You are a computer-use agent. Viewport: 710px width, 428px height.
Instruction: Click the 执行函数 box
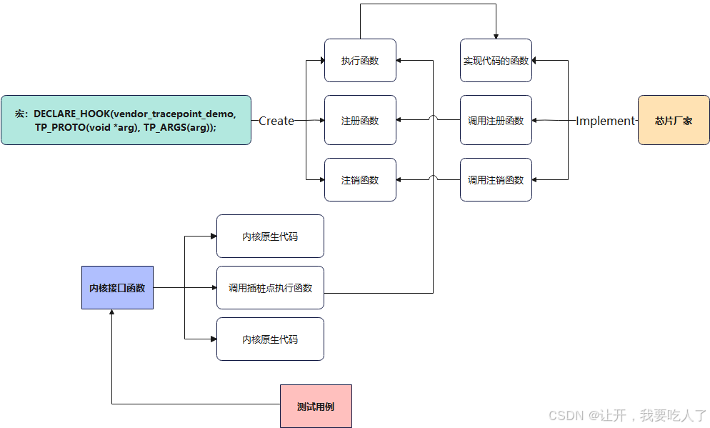point(360,61)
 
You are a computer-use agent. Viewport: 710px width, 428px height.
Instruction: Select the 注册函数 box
point(360,121)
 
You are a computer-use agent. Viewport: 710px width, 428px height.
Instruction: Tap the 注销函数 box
point(360,180)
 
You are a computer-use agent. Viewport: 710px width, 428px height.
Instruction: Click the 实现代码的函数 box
point(496,61)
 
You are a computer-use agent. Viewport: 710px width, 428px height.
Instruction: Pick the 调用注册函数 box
point(496,121)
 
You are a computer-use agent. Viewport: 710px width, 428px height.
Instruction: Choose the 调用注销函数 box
point(496,180)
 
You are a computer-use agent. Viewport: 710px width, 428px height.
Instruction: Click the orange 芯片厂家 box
point(673,121)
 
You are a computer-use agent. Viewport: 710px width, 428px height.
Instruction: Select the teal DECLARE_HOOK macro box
point(126,120)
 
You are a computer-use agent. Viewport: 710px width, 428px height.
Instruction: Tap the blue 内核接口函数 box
point(117,288)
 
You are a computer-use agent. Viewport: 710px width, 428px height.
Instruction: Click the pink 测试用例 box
point(316,407)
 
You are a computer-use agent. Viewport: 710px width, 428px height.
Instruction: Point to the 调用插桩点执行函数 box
point(270,288)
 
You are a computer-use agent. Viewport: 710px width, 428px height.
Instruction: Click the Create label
point(276,121)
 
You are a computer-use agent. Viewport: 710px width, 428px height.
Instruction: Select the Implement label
point(605,121)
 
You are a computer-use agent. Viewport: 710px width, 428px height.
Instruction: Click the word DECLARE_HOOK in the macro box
point(72,114)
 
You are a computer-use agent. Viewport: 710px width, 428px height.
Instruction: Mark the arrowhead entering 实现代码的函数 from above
point(496,36)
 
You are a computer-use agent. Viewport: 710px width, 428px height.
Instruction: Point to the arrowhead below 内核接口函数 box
point(112,314)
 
